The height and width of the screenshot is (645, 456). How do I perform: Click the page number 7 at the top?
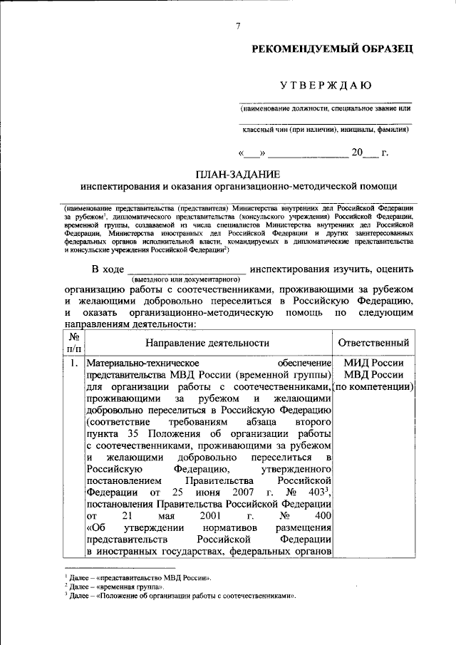coord(238,26)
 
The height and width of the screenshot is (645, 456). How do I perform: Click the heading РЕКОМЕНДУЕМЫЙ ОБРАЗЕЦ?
coord(331,49)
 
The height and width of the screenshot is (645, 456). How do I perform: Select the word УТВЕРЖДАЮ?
coord(324,86)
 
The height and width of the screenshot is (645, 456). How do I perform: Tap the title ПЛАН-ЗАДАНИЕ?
coord(238,174)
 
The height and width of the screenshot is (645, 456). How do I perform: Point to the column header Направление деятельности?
coord(208,343)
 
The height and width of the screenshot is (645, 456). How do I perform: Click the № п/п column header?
coord(73,343)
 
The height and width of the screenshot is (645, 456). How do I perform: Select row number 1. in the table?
coord(74,363)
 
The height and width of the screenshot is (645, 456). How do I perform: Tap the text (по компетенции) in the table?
coord(374,386)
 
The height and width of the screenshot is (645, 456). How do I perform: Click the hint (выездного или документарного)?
coord(184,281)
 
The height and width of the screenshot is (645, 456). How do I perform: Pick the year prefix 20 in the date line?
coord(357,153)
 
